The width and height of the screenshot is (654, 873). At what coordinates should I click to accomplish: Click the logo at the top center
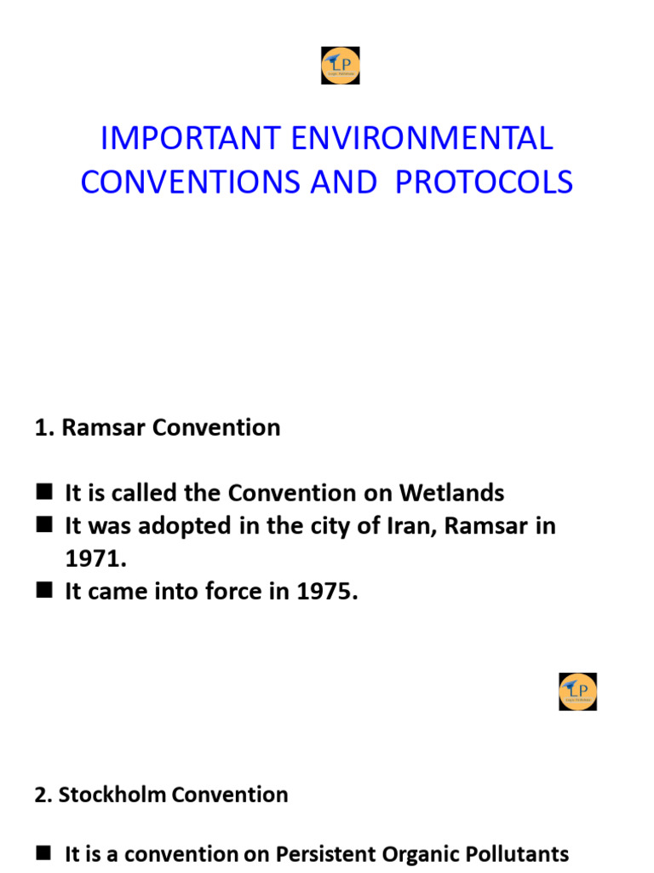340,66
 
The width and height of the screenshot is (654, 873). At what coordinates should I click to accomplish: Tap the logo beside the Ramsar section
577,691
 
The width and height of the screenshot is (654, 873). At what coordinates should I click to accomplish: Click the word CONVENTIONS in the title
191,182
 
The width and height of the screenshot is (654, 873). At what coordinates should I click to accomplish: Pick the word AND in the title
344,182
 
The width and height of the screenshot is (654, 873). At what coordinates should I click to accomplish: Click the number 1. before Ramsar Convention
44,428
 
